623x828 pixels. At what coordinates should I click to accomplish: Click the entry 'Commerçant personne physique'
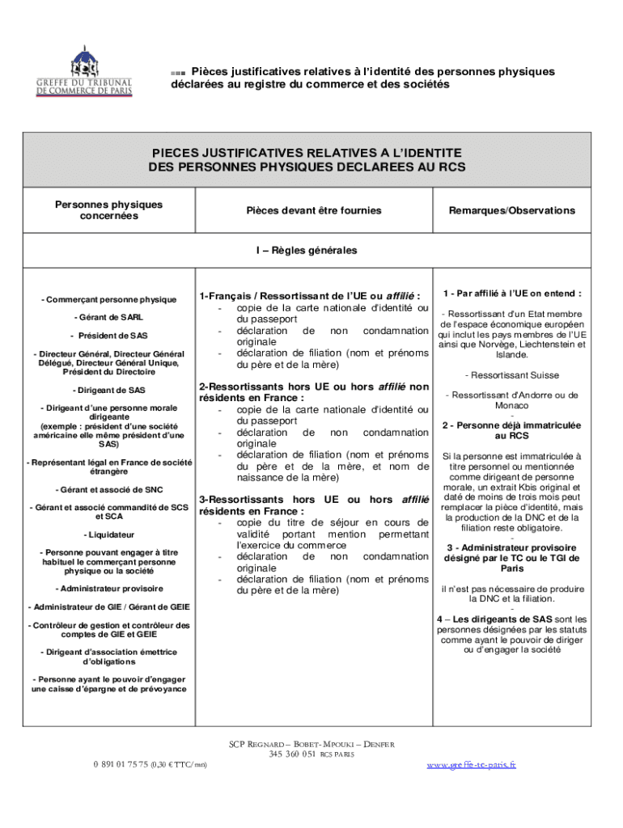coord(108,300)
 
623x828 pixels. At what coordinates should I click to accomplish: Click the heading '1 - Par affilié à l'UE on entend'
coord(513,294)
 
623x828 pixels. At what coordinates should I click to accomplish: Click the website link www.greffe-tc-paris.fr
coord(472,764)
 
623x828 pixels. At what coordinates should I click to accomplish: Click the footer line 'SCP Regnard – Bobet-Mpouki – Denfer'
coord(311,744)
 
